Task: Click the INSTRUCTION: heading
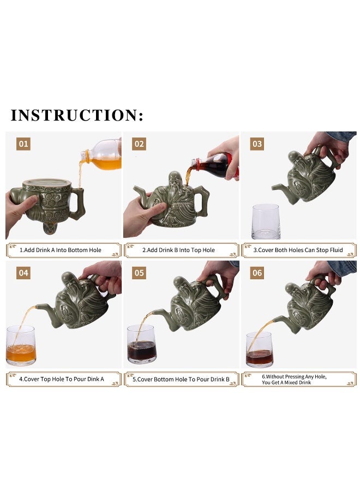[77, 115]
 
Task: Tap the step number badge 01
[23, 144]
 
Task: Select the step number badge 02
[139, 144]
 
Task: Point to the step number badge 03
[257, 144]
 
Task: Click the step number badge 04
[23, 273]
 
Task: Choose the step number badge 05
[139, 273]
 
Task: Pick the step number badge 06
[257, 273]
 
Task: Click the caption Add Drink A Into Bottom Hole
[61, 250]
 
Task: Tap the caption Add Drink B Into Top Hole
[178, 250]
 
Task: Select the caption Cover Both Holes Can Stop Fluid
[298, 250]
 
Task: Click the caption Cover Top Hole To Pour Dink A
[61, 379]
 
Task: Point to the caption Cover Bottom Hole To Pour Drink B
[181, 379]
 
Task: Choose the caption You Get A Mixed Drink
[286, 382]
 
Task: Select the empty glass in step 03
[266, 221]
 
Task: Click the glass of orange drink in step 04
[21, 345]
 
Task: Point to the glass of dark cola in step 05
[142, 344]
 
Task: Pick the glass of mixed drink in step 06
[260, 350]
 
